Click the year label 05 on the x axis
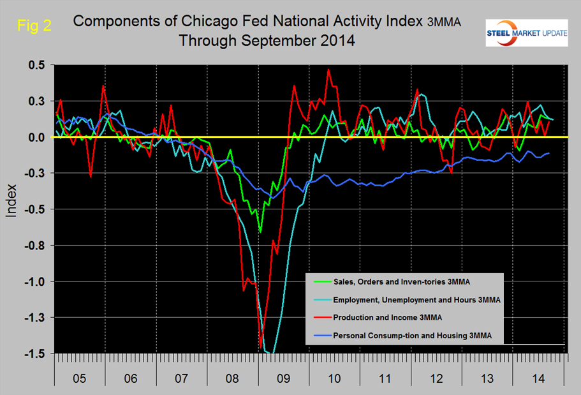click(x=79, y=378)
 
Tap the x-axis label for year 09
click(x=283, y=378)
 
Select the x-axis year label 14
click(x=537, y=378)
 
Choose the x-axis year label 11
click(x=385, y=378)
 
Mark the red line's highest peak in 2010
click(x=328, y=70)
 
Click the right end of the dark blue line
click(x=549, y=153)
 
